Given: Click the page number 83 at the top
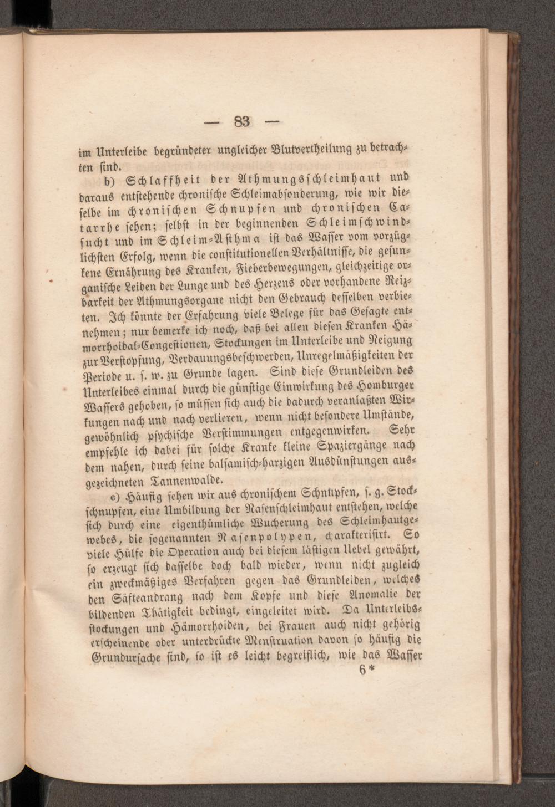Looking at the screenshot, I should click(242, 121).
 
